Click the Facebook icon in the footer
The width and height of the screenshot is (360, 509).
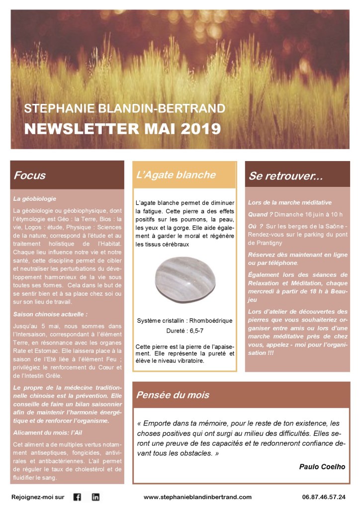tap(77, 497)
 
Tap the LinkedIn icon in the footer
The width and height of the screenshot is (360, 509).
tap(95, 497)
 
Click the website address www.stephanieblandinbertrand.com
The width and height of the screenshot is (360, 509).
tap(197, 497)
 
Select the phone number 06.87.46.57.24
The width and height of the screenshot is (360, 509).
tap(324, 497)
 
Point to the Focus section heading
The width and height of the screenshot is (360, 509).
tap(30, 175)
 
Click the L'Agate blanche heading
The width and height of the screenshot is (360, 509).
tap(176, 174)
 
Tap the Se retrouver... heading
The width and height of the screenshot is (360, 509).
tap(286, 176)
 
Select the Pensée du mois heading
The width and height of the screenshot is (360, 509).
tap(173, 395)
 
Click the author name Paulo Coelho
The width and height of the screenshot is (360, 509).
tap(322, 466)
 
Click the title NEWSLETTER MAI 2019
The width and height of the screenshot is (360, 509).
tap(122, 129)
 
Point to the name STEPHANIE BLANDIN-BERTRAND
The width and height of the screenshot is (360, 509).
tap(125, 108)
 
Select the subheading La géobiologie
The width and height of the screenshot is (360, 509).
tap(35, 199)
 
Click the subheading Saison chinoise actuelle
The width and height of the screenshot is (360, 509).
tap(51, 314)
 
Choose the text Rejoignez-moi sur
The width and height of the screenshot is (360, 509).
tap(38, 497)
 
